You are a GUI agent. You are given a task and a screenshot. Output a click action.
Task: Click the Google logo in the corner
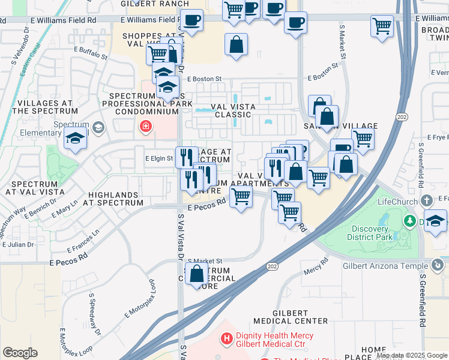tap(20, 353)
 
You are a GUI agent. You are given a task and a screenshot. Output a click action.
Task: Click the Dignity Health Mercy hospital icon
tap(227, 340)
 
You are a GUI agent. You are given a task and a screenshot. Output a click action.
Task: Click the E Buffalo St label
tap(91, 58)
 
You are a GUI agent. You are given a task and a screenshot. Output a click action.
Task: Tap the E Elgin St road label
tap(159, 159)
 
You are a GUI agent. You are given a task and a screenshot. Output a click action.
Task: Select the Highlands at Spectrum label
tap(116, 199)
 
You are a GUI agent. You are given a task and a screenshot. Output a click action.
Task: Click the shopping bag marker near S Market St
tap(197, 274)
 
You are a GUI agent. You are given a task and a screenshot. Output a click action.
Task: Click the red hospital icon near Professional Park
tap(145, 126)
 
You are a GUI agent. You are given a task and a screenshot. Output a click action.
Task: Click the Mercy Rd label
tap(316, 265)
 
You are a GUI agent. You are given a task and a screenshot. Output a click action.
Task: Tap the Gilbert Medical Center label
tap(291, 317)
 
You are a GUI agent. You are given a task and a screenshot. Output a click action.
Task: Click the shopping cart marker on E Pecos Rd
tap(241, 196)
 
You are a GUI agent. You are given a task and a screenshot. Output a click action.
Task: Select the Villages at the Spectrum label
tap(47, 107)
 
